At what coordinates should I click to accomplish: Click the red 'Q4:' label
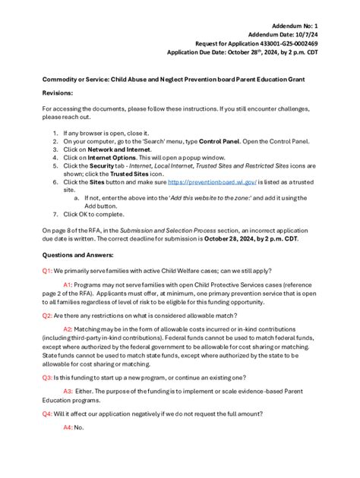coord(47,414)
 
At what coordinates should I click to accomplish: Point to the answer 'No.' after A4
coord(79,428)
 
